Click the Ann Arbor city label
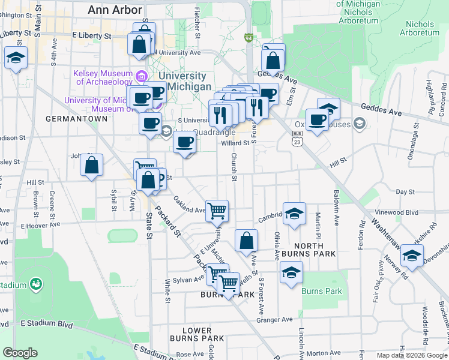(115, 10)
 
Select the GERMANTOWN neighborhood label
(76, 119)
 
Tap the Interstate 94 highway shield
(249, 38)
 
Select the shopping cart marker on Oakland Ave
(217, 210)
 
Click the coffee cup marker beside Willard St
(185, 142)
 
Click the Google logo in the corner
(20, 353)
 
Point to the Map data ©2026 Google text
(411, 355)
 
